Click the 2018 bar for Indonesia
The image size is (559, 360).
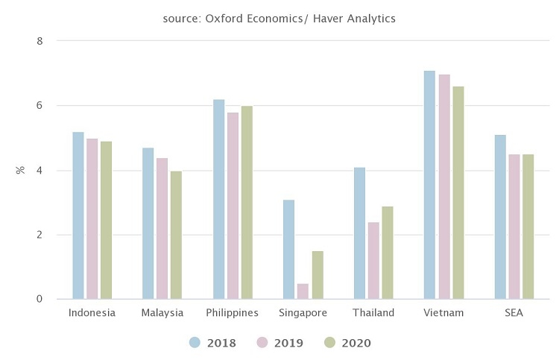coord(78,215)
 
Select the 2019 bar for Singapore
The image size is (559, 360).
coord(303,291)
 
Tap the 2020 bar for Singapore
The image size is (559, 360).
coord(318,275)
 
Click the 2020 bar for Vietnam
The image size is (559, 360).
coord(458,193)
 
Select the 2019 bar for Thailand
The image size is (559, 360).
coord(373,261)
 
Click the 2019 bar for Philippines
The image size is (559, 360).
coord(233,206)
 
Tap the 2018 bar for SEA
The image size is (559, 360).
coord(499,217)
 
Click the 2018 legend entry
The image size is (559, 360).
coord(213,343)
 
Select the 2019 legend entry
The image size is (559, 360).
coord(280,343)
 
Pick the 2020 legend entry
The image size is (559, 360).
coord(347,343)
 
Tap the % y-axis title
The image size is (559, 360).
coord(20,170)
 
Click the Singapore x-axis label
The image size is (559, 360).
coord(303,313)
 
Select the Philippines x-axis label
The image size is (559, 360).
coord(233,313)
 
